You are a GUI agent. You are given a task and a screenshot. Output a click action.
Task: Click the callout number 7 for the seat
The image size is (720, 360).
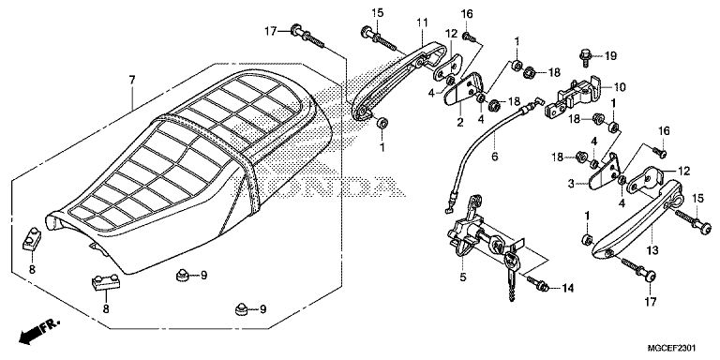pos(132,81)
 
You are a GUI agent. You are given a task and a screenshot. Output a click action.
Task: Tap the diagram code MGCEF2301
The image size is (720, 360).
pos(673,348)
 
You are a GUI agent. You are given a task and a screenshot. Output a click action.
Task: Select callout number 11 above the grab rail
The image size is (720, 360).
pos(422,22)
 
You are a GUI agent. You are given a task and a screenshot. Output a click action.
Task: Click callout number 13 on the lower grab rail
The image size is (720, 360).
pos(652,250)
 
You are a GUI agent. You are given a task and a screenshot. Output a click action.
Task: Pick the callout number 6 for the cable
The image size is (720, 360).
pos(495,157)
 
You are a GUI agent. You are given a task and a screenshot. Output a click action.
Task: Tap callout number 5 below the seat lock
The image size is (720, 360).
pos(462,277)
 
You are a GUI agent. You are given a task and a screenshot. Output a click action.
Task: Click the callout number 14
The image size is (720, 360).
pos(568,289)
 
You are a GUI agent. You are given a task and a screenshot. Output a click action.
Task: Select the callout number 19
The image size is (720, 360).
pos(610,56)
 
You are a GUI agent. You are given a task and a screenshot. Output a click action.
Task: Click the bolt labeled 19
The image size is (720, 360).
pos(585,56)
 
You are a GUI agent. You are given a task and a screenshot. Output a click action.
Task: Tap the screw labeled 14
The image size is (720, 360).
pos(537,284)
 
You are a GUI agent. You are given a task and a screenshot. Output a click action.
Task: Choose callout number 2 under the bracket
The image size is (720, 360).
pos(459,122)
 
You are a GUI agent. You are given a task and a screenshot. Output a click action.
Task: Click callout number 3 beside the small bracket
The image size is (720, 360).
pos(571,184)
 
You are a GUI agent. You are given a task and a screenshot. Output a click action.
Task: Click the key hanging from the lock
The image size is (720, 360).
pos(511,276)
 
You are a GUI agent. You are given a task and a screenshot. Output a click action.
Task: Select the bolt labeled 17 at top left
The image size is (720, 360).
pos(307,36)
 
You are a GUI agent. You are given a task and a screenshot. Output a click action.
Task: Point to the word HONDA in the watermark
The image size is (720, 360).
pos(322,186)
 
